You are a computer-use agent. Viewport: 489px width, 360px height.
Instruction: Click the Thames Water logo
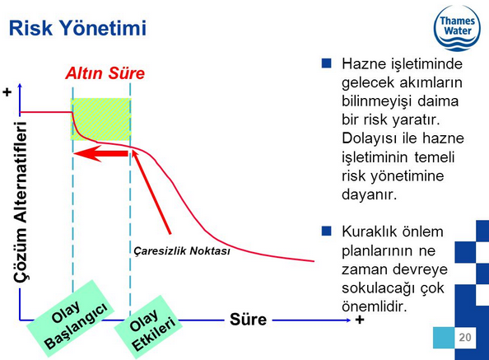point(457,28)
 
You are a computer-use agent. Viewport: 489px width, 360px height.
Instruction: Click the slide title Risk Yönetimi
point(77,28)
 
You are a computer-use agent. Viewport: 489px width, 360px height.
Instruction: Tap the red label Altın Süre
point(105,73)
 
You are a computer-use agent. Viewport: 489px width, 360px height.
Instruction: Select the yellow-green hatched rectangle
point(101,119)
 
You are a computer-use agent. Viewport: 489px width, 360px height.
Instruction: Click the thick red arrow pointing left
point(100,154)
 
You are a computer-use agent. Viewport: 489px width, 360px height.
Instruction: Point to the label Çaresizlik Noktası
point(182,250)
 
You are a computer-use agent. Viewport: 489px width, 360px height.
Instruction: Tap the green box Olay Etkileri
point(148,326)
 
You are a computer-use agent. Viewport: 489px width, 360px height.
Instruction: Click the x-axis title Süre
point(249,320)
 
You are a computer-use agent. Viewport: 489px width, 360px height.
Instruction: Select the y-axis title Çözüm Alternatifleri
point(21,202)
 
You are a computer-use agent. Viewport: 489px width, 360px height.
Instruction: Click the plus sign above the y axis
point(7,92)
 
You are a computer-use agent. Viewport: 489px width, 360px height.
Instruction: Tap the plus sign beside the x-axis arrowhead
point(360,320)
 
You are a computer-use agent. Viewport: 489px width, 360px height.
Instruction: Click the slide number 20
point(465,337)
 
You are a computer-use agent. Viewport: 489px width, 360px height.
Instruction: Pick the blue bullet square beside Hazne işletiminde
point(327,63)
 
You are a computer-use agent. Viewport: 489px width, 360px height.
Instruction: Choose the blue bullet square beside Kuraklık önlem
point(327,231)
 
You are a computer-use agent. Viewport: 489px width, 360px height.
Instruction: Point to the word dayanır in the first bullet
point(370,194)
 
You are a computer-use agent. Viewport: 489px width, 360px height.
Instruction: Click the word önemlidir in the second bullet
point(375,306)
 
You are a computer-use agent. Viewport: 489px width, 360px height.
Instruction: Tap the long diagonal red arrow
point(151,192)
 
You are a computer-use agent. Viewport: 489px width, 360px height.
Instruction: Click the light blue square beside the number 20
point(444,338)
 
